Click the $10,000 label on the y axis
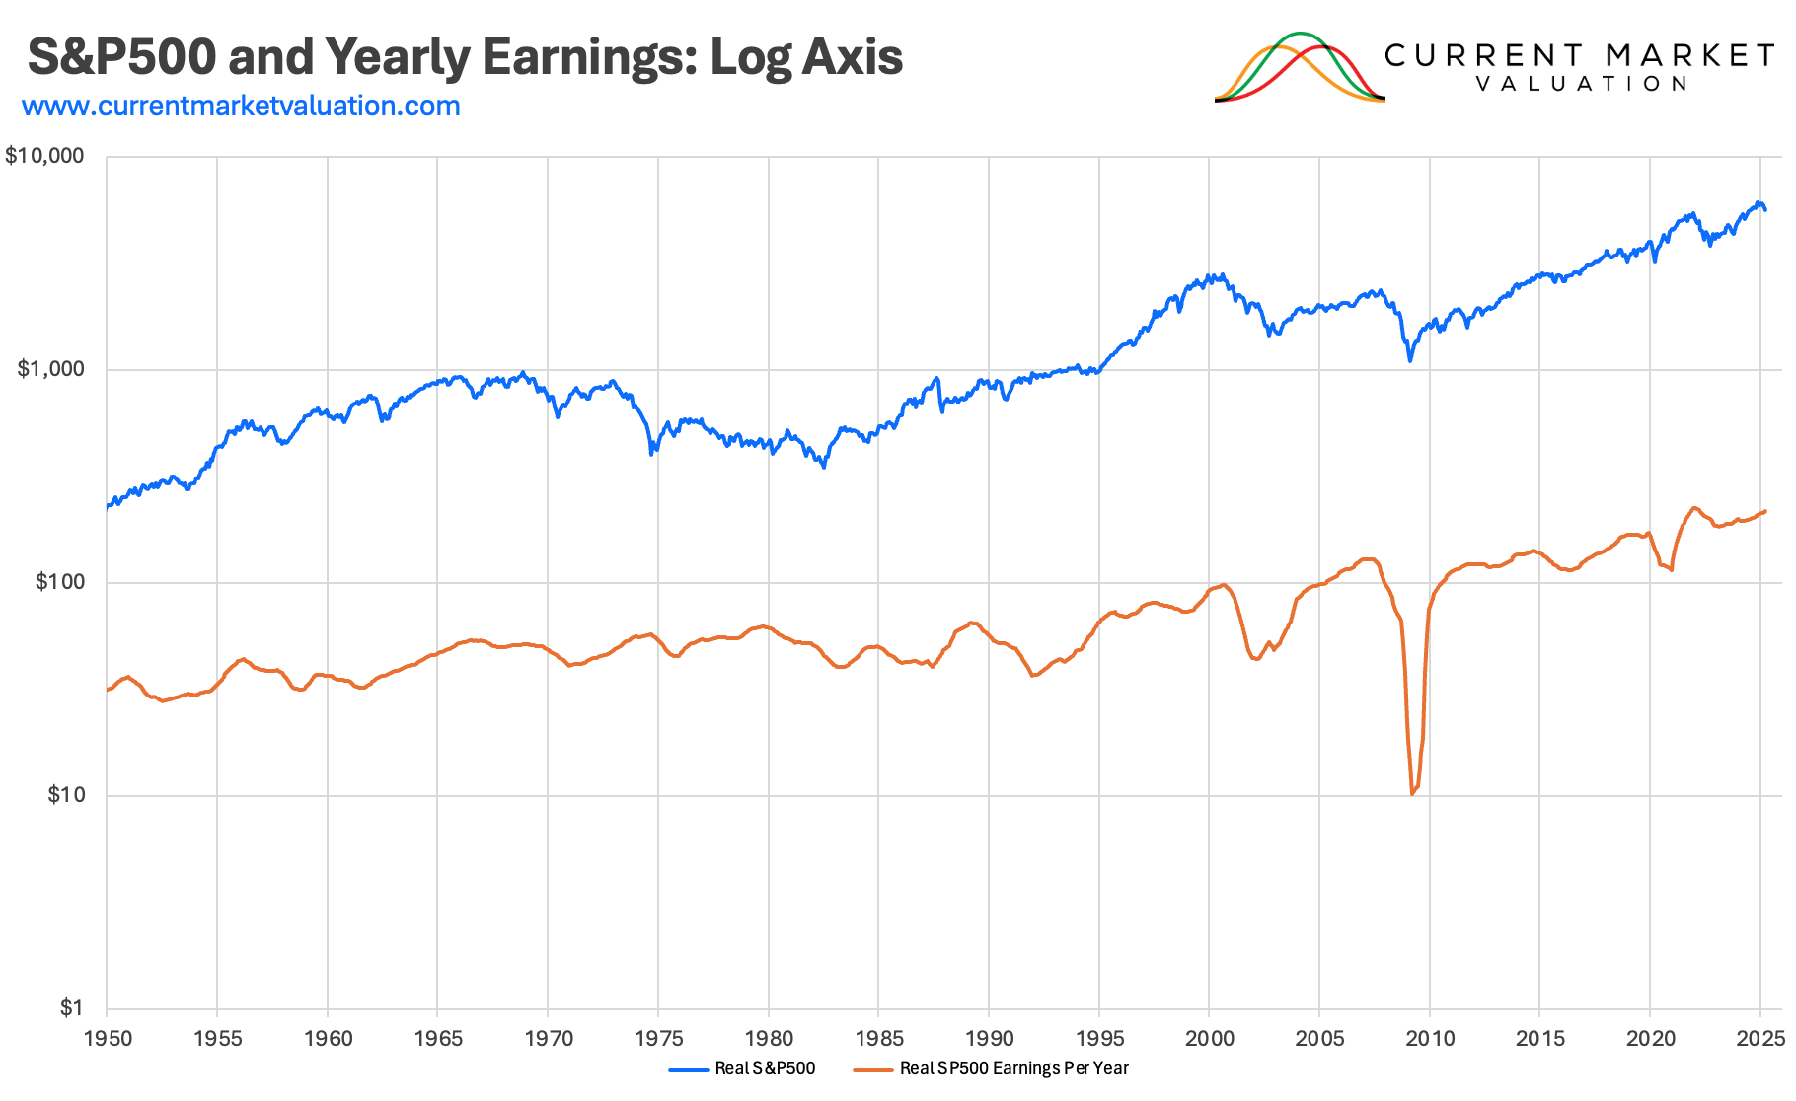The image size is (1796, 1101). pos(44,156)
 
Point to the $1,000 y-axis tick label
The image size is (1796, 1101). pos(50,369)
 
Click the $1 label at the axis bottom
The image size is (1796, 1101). pos(71,1007)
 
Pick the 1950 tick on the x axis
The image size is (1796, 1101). pos(108,1038)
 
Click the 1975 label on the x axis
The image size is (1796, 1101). pos(658,1038)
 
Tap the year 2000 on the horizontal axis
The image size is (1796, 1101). pos(1209,1038)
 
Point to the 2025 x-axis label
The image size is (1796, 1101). pos(1760,1038)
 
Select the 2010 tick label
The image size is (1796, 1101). pos(1430,1038)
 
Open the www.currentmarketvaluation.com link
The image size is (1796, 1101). pos(241,106)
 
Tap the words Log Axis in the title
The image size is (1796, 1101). pos(806,56)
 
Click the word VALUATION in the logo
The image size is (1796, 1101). pos(1582,84)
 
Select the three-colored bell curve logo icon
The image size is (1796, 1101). pos(1300,67)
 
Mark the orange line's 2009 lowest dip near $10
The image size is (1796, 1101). pos(1413,793)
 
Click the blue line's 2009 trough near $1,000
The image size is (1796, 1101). pos(1410,360)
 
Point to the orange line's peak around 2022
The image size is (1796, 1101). pos(1694,508)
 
